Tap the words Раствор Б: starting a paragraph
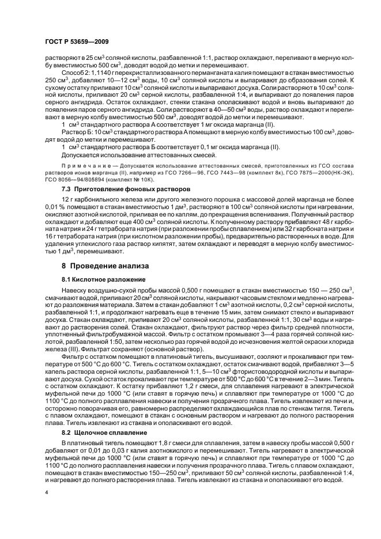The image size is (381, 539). tap(75, 132)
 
